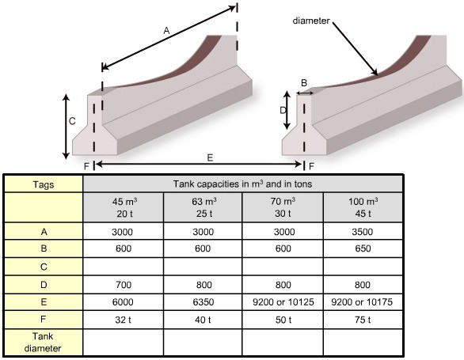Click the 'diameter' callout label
311,21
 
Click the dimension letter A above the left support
166,30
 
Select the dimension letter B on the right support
304,83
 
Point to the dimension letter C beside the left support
72,121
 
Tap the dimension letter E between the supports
210,157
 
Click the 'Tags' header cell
44,184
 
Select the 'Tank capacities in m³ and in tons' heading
242,184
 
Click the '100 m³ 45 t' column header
363,207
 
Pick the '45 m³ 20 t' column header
124,207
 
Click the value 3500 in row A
363,232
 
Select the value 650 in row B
363,248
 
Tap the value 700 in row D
124,285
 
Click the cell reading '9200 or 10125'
283,302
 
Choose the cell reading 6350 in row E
203,302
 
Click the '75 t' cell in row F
363,320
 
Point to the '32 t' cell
124,320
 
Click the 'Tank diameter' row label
43,343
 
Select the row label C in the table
44,267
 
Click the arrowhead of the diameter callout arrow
375,73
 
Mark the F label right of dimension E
311,166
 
